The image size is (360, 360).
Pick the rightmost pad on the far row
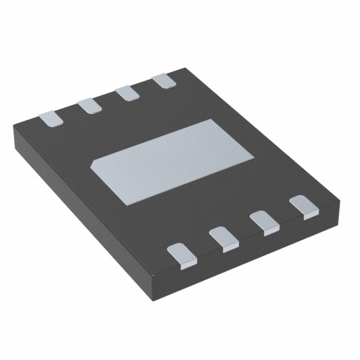(164, 81)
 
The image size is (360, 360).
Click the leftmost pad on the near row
(183, 253)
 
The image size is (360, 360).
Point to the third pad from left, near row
(264, 222)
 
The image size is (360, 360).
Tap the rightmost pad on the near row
(304, 206)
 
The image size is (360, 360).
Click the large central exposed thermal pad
(169, 160)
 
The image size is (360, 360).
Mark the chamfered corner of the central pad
(96, 163)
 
